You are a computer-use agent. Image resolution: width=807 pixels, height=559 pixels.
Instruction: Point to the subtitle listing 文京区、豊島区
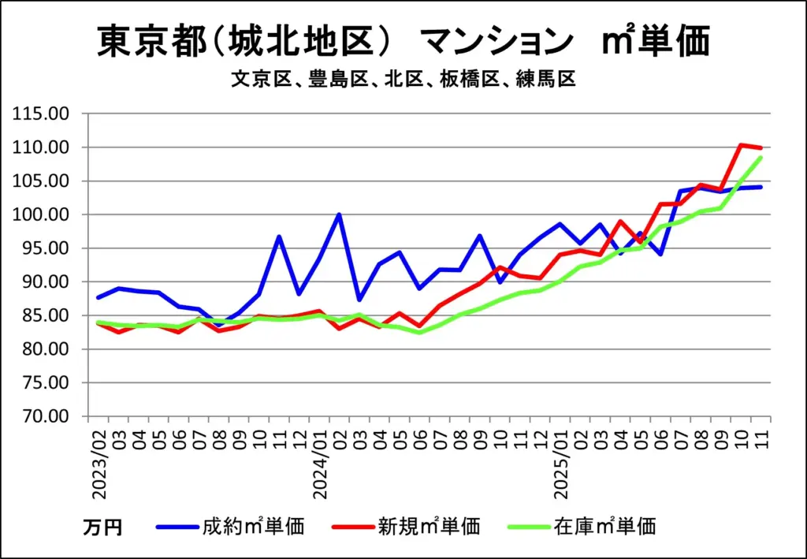[x=403, y=80]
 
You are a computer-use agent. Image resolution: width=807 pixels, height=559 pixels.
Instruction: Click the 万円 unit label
[x=102, y=527]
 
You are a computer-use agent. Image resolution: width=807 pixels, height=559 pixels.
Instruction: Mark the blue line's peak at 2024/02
[x=340, y=214]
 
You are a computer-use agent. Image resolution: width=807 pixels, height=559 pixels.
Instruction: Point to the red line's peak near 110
[x=741, y=145]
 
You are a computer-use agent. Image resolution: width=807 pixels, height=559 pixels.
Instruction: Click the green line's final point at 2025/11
[x=761, y=158]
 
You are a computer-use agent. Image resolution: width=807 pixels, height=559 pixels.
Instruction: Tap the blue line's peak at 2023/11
[x=279, y=237]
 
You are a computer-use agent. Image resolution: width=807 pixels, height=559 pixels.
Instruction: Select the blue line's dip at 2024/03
[x=359, y=300]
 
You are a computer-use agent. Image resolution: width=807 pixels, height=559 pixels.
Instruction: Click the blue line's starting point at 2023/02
[x=99, y=297]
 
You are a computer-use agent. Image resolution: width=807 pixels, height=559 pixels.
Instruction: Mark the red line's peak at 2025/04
[x=621, y=221]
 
